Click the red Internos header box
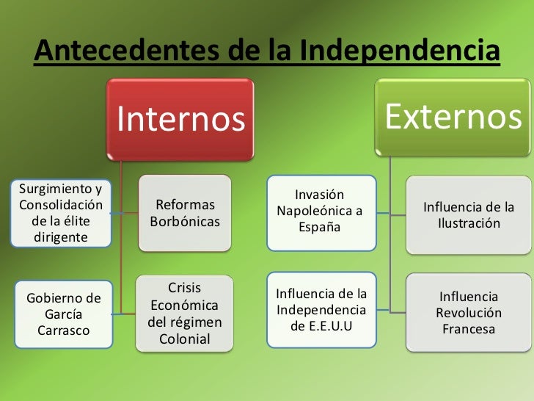point(180,119)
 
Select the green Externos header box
point(453,118)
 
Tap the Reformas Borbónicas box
point(185,213)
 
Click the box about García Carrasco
point(63,314)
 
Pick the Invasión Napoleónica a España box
point(319,211)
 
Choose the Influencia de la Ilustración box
point(469,214)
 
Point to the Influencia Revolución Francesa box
point(469,313)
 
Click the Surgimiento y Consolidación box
point(59,213)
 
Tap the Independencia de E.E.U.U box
point(321,308)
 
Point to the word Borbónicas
point(185,221)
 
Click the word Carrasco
point(63,330)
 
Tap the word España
point(319,227)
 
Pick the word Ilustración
point(469,223)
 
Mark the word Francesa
point(469,329)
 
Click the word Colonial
point(185,339)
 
